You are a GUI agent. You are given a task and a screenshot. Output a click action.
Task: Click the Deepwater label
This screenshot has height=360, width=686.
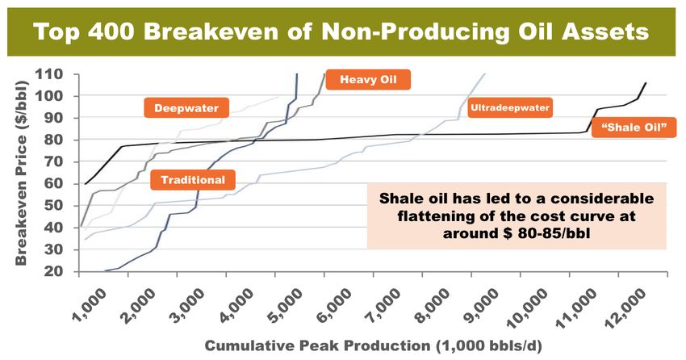[186, 107]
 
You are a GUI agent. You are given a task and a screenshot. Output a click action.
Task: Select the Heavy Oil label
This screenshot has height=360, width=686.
[368, 80]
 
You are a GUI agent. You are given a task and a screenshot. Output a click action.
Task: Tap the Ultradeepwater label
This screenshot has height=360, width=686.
[510, 107]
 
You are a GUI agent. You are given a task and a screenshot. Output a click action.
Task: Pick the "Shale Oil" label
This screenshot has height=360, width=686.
[634, 128]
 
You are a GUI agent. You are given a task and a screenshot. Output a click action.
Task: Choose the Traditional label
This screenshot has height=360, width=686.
[193, 180]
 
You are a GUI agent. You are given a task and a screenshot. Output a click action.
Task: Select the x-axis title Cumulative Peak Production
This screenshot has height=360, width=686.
[318, 345]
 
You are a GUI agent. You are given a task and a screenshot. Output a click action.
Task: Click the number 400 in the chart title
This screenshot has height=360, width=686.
[112, 31]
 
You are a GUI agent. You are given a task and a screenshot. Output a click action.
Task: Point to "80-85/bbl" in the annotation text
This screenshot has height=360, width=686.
[554, 233]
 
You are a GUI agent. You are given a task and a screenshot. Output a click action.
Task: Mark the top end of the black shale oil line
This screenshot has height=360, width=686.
[646, 82]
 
